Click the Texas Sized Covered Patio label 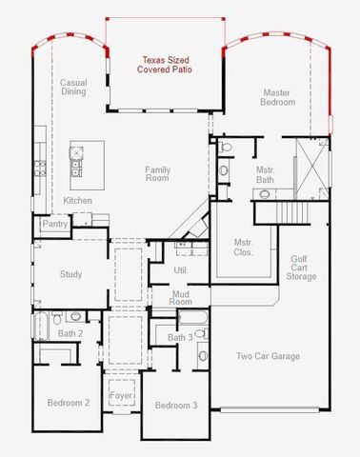(159, 65)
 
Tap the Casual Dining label (73, 88)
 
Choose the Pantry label (53, 225)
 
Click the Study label (70, 274)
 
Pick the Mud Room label (182, 300)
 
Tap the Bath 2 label (70, 333)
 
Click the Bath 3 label (180, 338)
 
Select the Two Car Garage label (269, 357)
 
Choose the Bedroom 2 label (69, 403)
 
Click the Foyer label (120, 395)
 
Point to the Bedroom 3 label (176, 406)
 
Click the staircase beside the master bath (294, 210)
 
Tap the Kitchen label (77, 201)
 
